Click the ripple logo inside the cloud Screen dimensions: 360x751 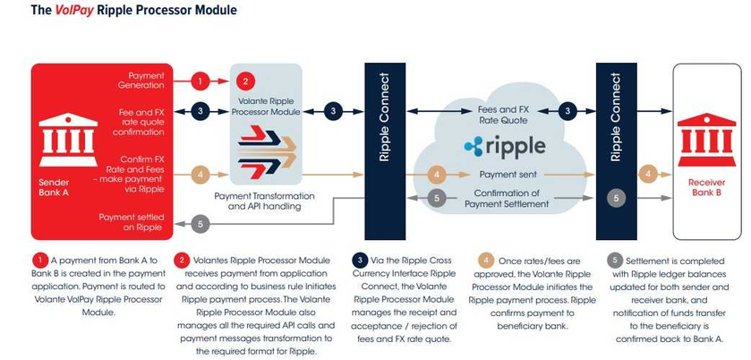tap(504, 144)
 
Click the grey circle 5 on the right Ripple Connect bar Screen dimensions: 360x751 tap(615, 198)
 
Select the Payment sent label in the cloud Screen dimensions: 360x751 tap(508, 175)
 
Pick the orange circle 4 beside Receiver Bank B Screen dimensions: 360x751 tap(649, 174)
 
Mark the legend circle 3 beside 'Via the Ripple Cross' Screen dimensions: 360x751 tap(358, 260)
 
